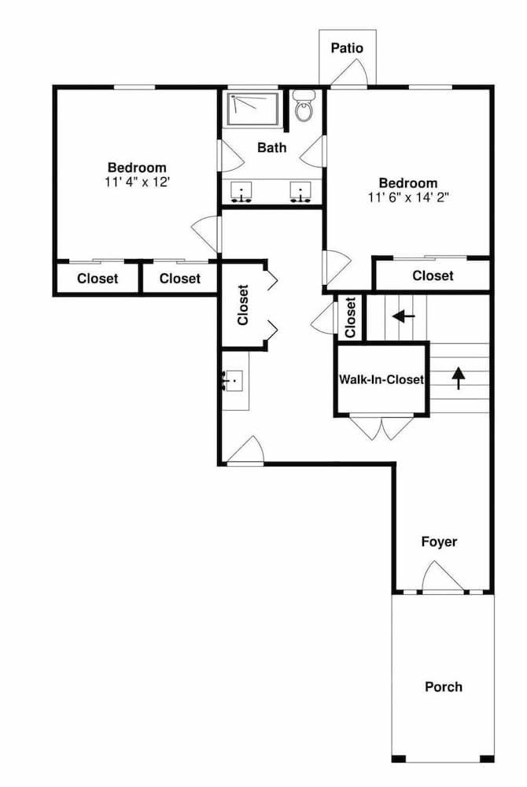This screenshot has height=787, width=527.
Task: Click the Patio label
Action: click(347, 48)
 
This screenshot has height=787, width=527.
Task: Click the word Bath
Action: click(272, 147)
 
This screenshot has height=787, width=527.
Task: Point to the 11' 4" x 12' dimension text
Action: click(137, 181)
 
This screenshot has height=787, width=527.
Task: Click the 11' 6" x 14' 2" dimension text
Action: click(407, 197)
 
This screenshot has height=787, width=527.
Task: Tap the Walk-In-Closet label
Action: click(381, 379)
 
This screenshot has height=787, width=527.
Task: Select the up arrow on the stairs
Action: click(458, 378)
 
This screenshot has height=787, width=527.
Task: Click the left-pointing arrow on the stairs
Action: click(404, 316)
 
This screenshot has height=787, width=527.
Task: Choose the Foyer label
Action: click(439, 541)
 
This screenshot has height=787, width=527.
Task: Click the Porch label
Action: click(444, 686)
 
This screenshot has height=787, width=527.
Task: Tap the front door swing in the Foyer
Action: click(441, 577)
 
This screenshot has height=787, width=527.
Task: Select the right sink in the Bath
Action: click(300, 191)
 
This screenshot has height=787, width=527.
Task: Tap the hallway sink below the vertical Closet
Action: click(234, 381)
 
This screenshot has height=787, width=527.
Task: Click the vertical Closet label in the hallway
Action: click(243, 305)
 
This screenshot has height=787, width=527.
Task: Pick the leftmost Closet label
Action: click(98, 278)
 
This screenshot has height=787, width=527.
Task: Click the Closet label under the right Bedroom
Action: click(433, 275)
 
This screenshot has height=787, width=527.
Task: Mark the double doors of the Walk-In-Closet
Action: click(381, 427)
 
